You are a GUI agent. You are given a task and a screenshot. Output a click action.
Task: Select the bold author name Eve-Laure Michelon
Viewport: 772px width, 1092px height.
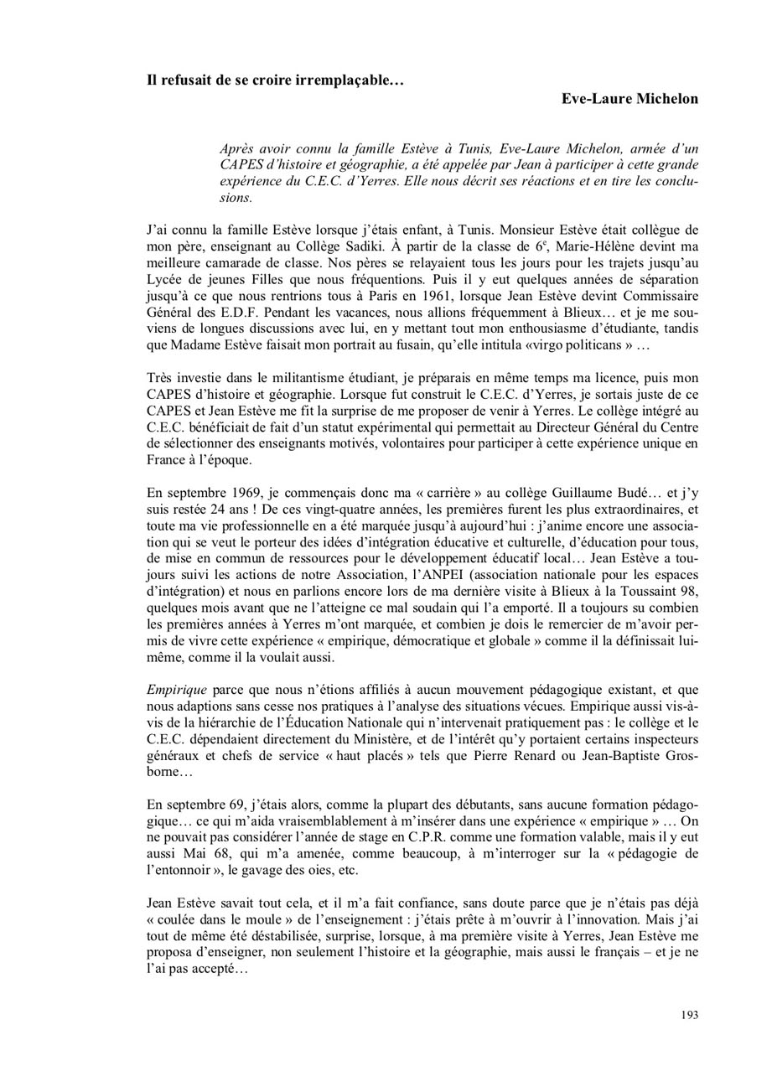click(x=630, y=99)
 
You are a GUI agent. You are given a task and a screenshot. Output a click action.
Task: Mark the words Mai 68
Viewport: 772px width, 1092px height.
click(x=210, y=853)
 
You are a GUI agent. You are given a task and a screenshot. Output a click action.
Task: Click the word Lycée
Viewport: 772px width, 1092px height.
click(x=167, y=280)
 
